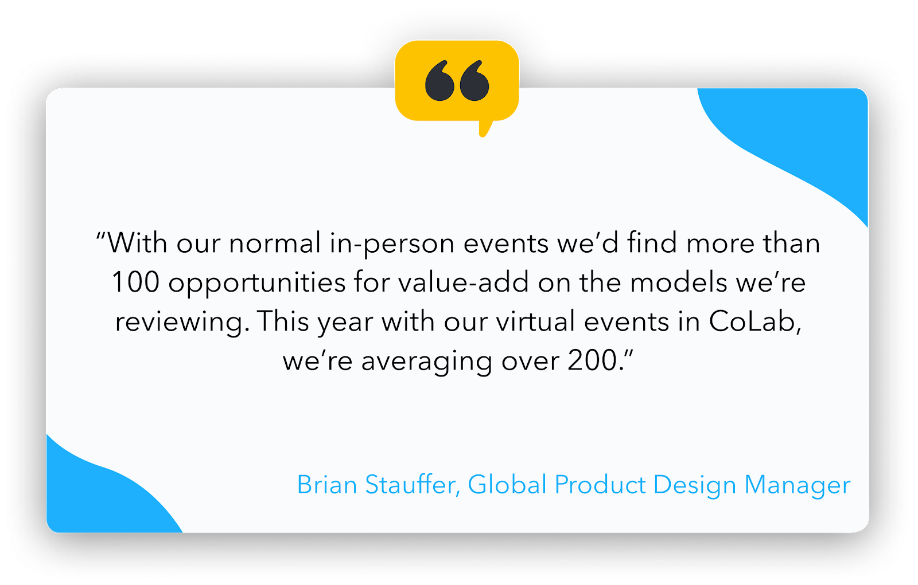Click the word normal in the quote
pos(275,243)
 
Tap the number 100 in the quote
pos(135,282)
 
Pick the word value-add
pos(463,282)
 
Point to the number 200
pos(593,360)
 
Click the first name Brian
pos(327,485)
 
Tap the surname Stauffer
pos(413,485)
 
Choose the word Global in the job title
pos(507,485)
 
